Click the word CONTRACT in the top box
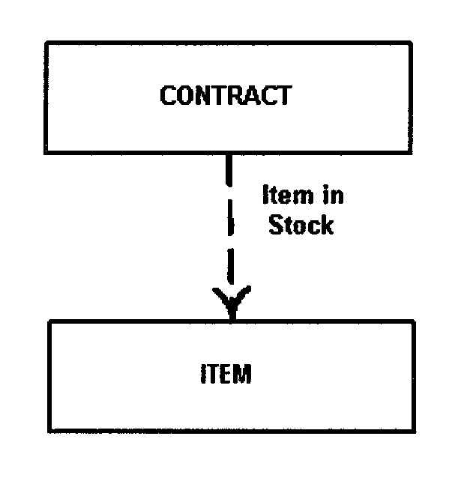click(x=226, y=96)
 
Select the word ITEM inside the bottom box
click(x=226, y=373)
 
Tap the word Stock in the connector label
click(x=301, y=225)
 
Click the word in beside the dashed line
click(x=331, y=196)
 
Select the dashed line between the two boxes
click(x=230, y=225)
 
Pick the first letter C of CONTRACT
click(x=169, y=96)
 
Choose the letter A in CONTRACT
click(x=250, y=96)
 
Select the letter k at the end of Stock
click(x=326, y=225)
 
